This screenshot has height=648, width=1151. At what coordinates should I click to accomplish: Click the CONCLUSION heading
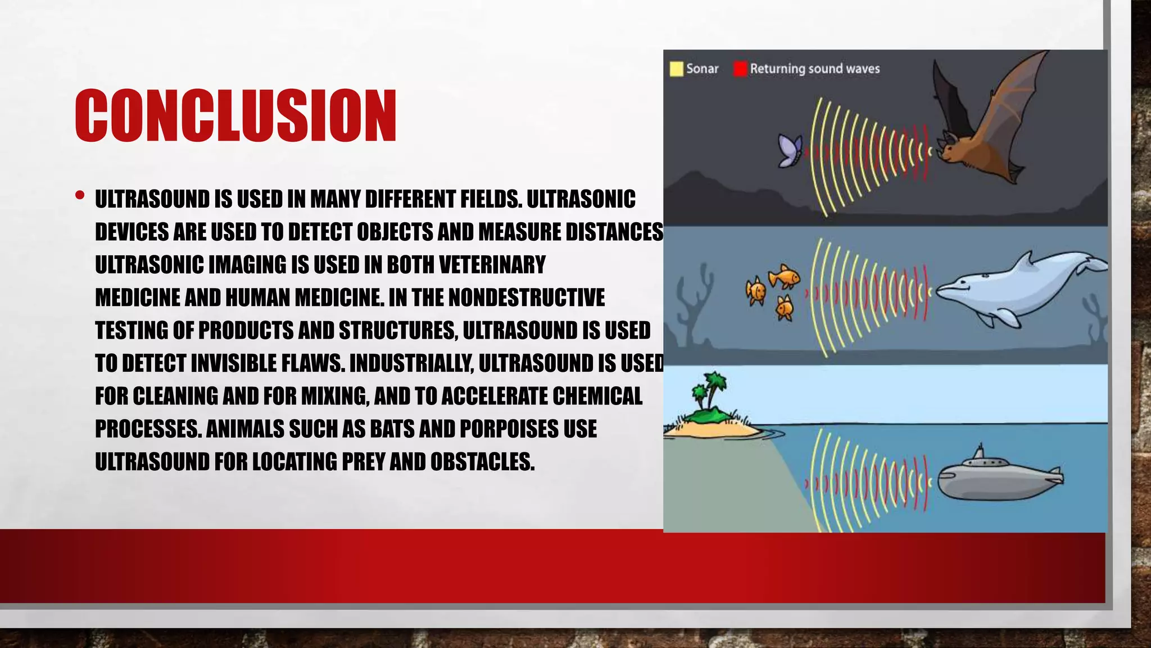(x=235, y=115)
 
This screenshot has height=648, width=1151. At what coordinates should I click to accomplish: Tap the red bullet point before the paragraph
(x=80, y=196)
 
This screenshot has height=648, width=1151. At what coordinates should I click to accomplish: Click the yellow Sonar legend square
(x=676, y=69)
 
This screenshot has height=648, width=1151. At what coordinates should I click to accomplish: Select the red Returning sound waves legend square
(x=740, y=69)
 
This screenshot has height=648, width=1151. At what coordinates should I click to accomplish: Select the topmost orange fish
(x=783, y=276)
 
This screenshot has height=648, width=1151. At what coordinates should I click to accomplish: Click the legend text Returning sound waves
(x=814, y=69)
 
